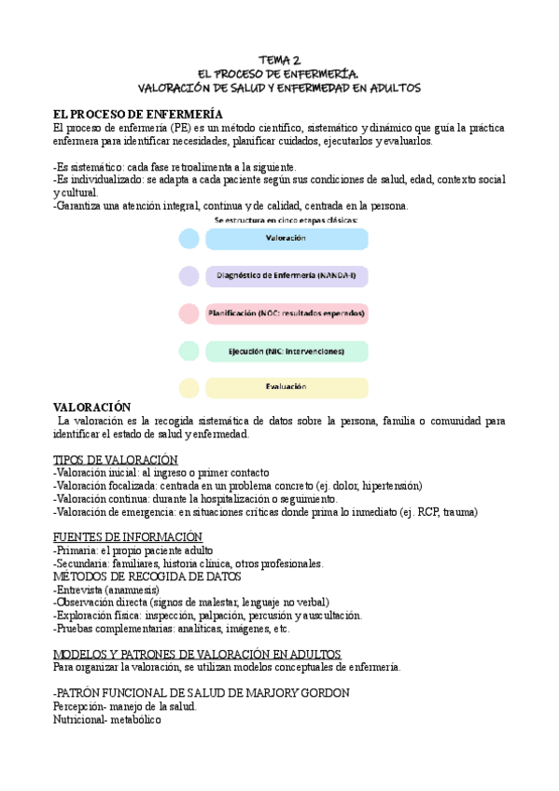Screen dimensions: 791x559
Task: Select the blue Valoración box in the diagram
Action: pos(286,239)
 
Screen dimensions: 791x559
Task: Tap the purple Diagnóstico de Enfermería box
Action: pos(286,276)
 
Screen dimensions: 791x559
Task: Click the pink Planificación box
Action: pos(286,313)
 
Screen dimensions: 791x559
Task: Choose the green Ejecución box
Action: pos(286,352)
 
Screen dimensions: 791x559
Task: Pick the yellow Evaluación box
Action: pos(286,387)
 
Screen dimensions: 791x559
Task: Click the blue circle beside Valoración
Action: pos(189,239)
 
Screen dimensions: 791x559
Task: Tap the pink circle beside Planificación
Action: pos(189,313)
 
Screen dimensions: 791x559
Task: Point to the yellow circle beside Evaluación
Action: pos(189,387)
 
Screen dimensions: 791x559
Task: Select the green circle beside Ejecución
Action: pos(189,352)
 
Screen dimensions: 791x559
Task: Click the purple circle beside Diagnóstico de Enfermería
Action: pos(189,276)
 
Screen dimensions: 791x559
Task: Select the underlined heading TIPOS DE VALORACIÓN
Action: pos(115,459)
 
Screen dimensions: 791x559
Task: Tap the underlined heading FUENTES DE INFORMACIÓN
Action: pos(128,536)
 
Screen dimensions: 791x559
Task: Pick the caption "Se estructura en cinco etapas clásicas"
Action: pos(286,220)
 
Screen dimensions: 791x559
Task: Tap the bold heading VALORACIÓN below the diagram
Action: pos(92,408)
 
